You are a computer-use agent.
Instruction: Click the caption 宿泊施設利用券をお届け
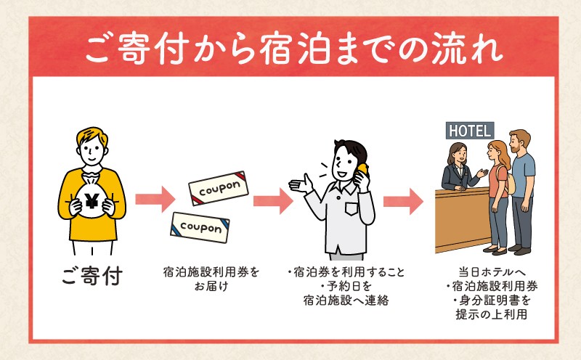pos(211,280)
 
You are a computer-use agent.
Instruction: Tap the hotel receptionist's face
pos(457,154)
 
